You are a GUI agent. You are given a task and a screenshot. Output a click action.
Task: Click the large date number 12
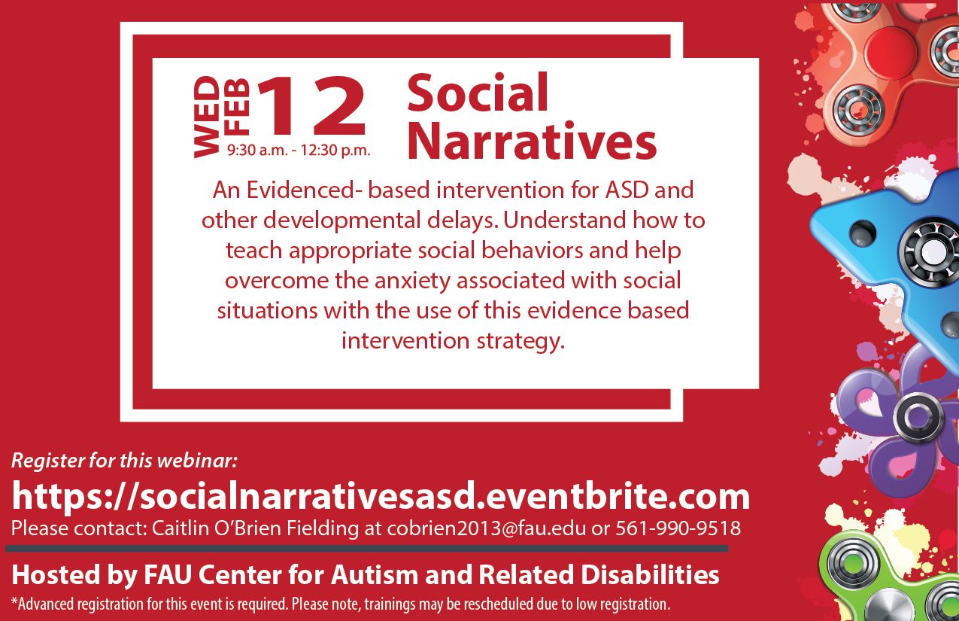click(312, 105)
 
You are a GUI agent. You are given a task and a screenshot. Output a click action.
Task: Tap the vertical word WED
click(207, 117)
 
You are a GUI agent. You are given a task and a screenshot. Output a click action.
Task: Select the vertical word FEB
click(237, 105)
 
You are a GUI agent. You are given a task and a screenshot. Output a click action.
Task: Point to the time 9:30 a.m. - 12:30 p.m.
click(299, 151)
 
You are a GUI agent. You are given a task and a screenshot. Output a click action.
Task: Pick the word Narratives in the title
click(532, 141)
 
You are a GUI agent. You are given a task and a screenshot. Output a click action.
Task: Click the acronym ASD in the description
click(627, 190)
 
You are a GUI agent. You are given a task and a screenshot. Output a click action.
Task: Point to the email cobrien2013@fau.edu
click(487, 528)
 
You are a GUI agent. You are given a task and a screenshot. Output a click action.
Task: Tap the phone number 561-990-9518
click(678, 528)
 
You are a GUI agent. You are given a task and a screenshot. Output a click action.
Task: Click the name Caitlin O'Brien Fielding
click(256, 528)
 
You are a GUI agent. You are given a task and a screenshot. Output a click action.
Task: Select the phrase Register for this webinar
click(124, 460)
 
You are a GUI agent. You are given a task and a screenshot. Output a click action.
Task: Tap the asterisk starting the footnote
click(14, 600)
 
